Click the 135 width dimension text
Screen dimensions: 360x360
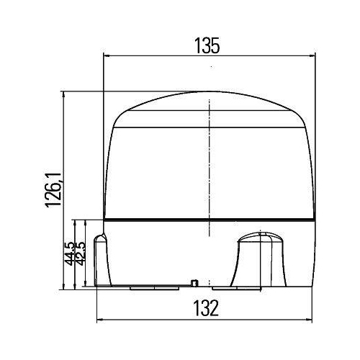(207, 45)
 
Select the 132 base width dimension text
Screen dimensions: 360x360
(206, 309)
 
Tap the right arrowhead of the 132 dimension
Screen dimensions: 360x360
(309, 320)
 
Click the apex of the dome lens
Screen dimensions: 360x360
(209, 92)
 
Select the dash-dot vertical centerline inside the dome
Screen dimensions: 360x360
(209, 158)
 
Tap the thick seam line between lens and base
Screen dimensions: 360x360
(209, 220)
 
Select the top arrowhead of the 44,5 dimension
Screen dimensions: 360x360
(74, 222)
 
